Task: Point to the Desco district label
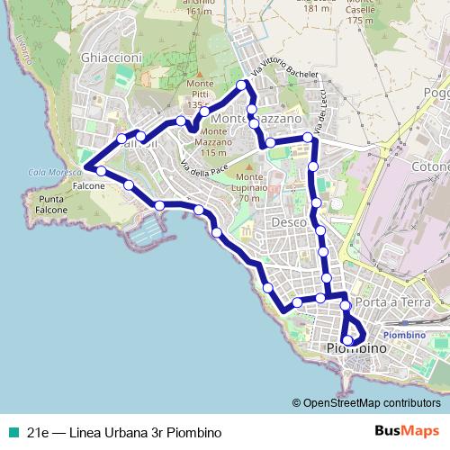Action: pos(289,220)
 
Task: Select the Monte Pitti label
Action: pos(200,89)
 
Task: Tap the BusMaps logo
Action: pos(406,431)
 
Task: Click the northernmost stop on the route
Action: pos(241,85)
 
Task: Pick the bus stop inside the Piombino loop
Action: pos(347,339)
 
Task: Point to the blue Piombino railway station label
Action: pos(409,334)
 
